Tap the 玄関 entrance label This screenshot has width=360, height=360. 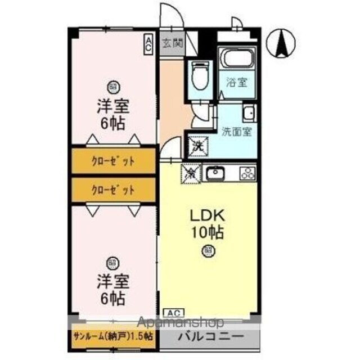172,42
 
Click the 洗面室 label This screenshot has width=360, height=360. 236,133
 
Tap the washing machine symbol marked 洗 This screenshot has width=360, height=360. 198,146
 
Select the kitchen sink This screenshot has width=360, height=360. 216,173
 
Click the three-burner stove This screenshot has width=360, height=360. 247,173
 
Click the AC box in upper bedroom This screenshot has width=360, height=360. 148,44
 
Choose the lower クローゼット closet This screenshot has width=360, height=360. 113,190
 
